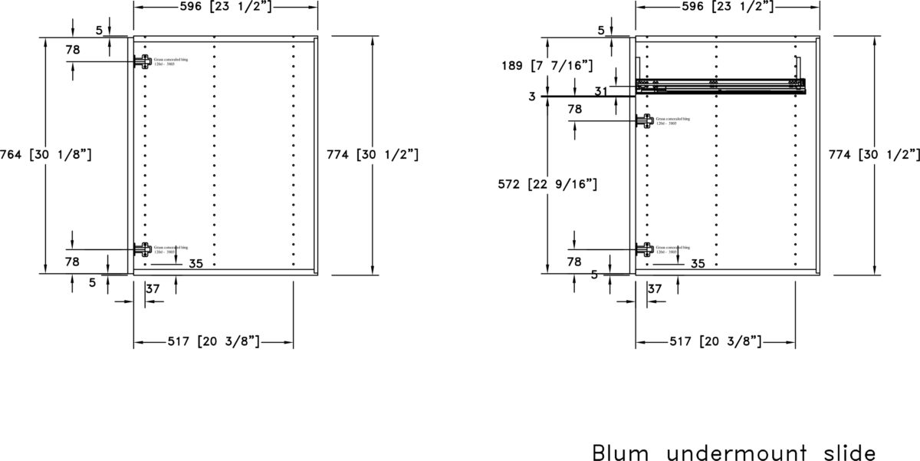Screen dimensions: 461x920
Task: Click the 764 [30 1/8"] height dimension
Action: point(46,154)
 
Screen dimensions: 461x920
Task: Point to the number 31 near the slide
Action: point(603,91)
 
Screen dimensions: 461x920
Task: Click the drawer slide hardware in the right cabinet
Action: point(721,84)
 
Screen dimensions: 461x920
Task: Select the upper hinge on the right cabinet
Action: point(645,120)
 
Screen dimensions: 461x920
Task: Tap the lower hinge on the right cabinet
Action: point(645,249)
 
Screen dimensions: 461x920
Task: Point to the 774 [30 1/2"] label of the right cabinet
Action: point(874,154)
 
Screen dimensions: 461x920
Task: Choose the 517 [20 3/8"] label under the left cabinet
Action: point(214,341)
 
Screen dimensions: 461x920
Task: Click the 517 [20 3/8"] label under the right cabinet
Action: point(715,341)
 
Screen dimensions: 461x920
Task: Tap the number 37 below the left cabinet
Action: point(153,288)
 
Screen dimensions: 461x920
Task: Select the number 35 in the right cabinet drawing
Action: point(698,264)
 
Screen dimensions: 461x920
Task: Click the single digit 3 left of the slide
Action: point(531,96)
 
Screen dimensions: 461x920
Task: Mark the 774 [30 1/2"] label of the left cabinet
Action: point(373,154)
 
